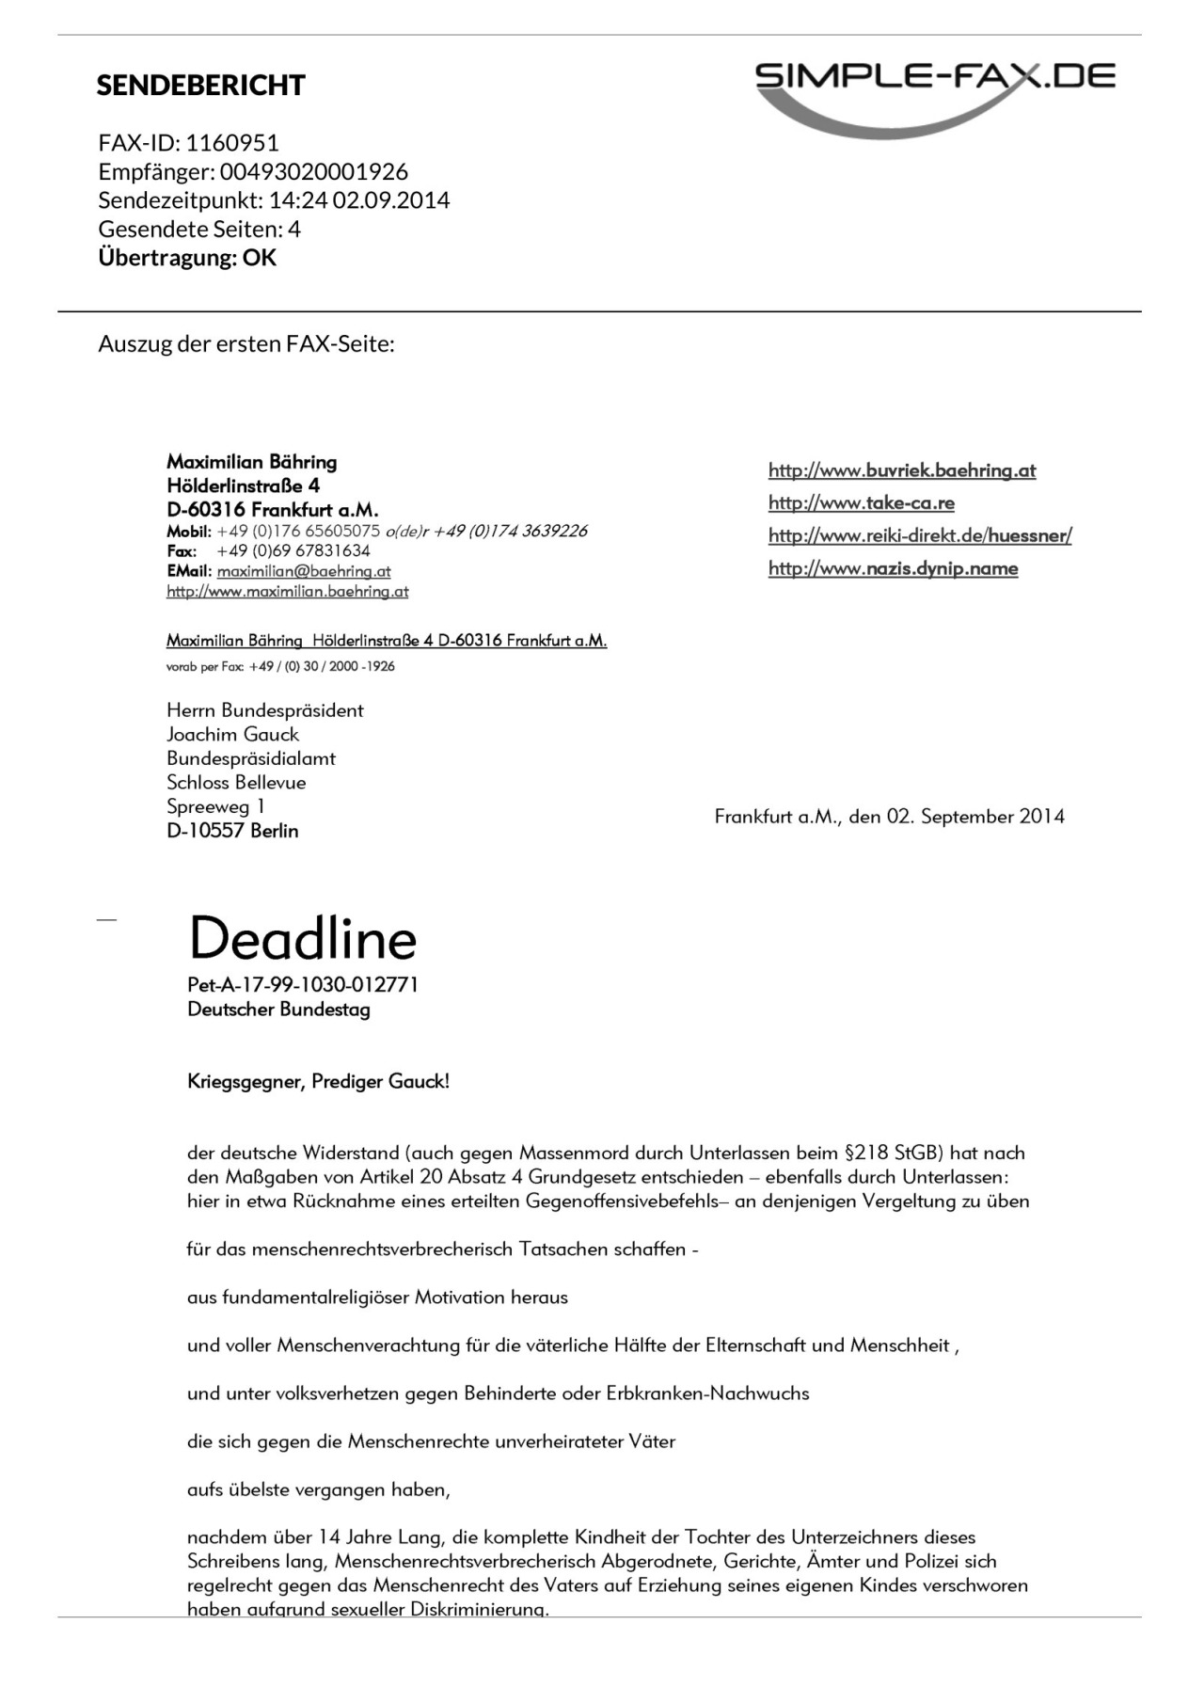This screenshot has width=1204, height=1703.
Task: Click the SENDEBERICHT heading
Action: click(200, 86)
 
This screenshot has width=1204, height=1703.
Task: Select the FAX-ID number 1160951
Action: click(232, 143)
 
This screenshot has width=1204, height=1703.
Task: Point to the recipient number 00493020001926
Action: click(314, 171)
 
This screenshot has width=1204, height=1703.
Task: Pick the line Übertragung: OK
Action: click(187, 258)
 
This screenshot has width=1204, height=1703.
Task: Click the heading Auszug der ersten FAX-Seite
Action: click(246, 344)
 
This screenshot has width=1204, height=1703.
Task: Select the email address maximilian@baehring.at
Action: click(304, 571)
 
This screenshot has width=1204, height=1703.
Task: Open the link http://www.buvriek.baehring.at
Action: click(901, 470)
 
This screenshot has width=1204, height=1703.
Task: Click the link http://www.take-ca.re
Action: click(861, 503)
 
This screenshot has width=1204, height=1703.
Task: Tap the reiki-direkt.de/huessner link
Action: click(919, 536)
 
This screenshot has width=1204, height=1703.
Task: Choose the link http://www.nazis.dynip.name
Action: click(893, 568)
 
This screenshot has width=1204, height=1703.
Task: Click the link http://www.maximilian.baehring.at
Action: click(287, 592)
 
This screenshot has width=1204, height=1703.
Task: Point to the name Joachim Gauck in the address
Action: click(232, 735)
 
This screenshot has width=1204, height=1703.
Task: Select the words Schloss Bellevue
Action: click(236, 783)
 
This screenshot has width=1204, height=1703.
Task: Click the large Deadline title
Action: click(302, 939)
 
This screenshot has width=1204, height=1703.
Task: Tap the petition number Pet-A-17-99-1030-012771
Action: click(302, 985)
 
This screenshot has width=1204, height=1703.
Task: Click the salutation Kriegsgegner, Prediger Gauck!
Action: click(318, 1082)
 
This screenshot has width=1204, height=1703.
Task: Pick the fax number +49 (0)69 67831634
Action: click(293, 551)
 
